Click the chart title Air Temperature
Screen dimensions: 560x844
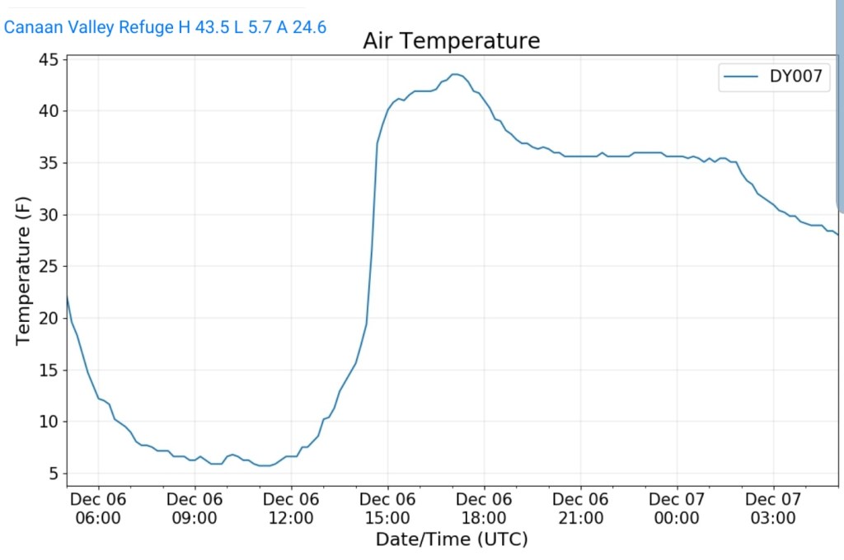(x=451, y=40)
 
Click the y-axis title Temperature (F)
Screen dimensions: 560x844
(x=23, y=270)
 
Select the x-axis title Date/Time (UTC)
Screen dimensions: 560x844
(x=451, y=539)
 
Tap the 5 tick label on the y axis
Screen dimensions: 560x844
(x=53, y=474)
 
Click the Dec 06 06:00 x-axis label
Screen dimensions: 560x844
(x=98, y=508)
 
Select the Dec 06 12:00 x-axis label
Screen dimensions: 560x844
(x=291, y=508)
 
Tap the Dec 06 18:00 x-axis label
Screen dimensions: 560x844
(x=484, y=508)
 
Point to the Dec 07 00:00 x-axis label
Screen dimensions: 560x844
(x=677, y=508)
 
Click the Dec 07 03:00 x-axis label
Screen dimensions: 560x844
(x=773, y=508)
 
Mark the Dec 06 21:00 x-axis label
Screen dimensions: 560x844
(x=580, y=508)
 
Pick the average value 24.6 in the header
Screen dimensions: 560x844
(x=312, y=27)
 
